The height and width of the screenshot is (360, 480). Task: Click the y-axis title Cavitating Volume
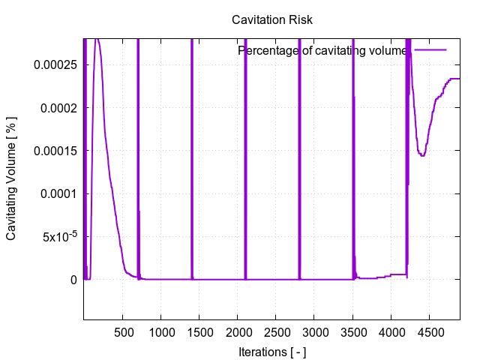click(x=12, y=177)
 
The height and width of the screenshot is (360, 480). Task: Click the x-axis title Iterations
click(x=271, y=351)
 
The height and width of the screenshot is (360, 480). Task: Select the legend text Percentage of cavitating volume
click(x=322, y=51)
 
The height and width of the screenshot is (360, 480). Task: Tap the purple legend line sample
click(x=430, y=50)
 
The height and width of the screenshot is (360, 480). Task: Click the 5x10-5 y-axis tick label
click(x=58, y=235)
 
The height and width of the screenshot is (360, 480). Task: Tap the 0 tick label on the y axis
click(x=73, y=280)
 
